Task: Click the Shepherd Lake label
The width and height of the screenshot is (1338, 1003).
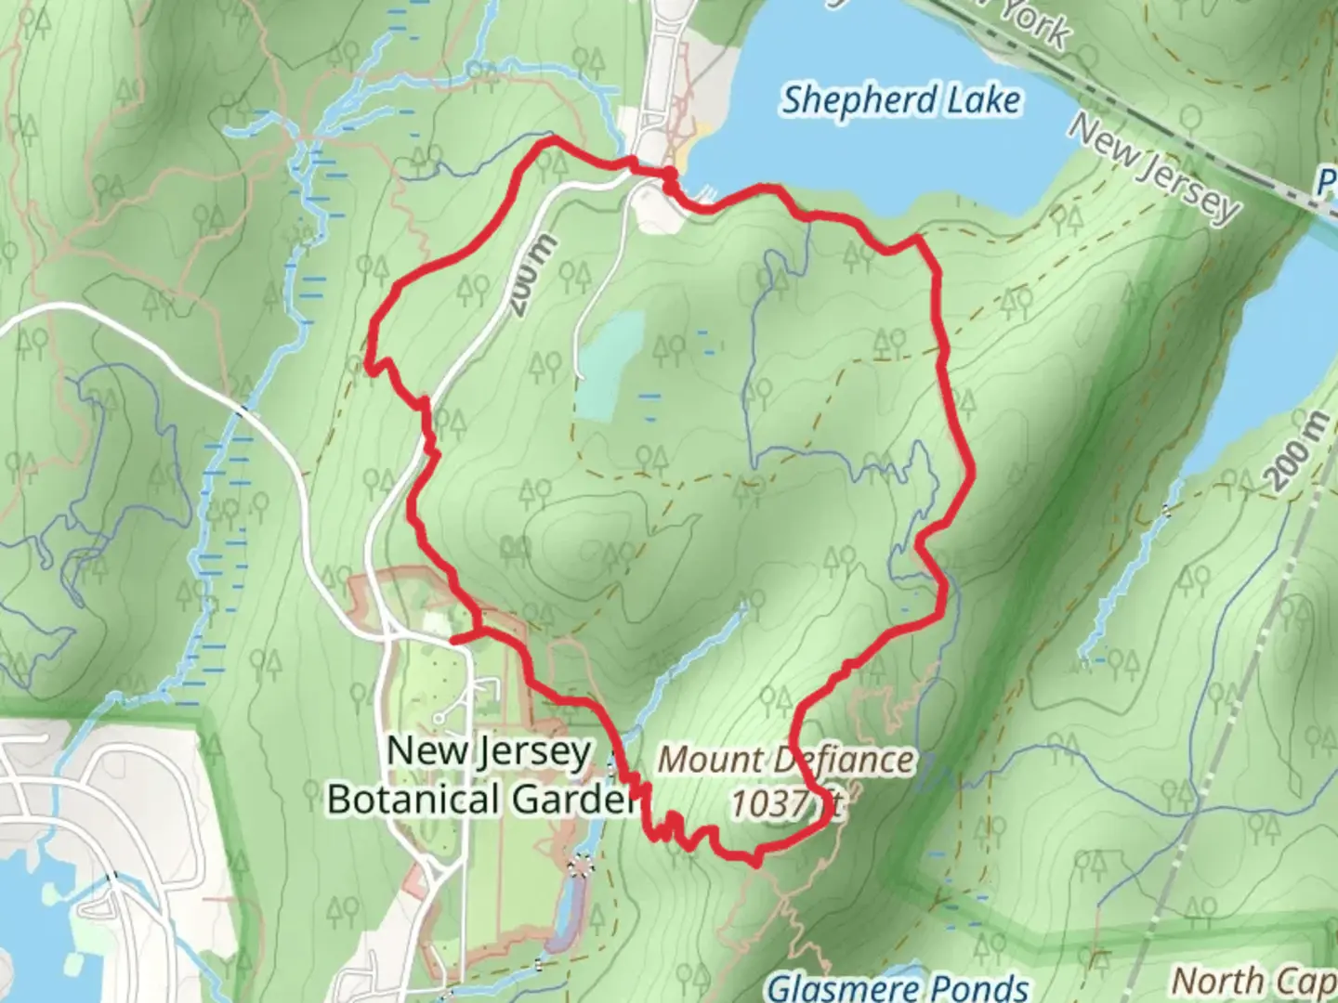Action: (x=900, y=100)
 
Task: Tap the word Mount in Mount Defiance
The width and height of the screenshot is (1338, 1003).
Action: (x=711, y=760)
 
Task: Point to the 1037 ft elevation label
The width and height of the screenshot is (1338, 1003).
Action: (x=785, y=802)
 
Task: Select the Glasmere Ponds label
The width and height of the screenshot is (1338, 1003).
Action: (x=898, y=987)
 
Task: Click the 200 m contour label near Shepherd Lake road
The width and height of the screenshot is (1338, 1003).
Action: (x=533, y=275)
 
